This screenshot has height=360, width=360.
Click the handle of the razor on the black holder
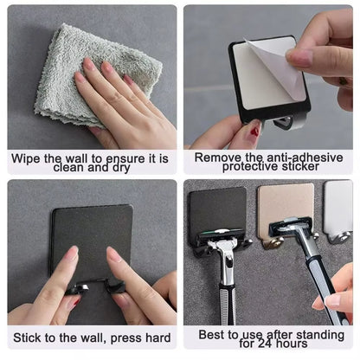[226, 286]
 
